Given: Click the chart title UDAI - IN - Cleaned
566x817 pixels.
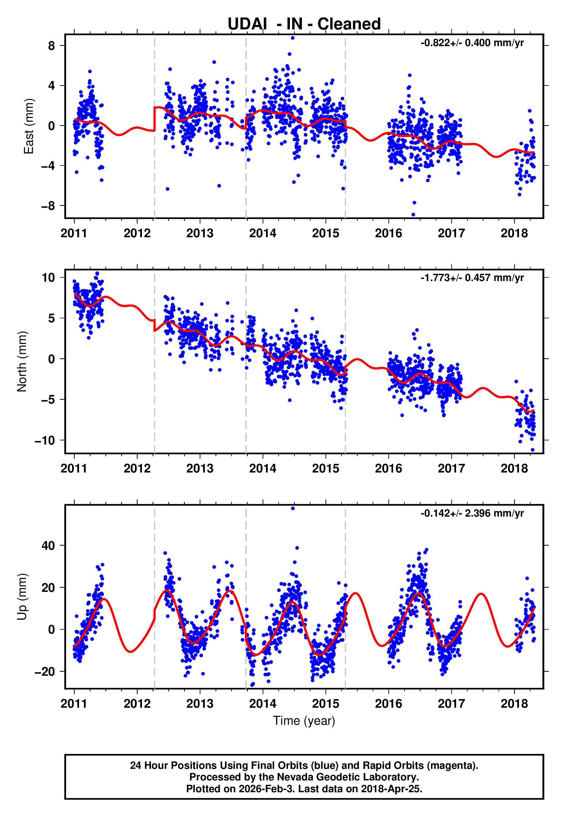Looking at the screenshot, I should [304, 24].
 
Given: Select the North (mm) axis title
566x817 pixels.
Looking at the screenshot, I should [22, 362].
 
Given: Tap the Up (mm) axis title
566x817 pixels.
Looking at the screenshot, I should [22, 597].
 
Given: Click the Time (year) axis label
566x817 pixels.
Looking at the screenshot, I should [304, 721].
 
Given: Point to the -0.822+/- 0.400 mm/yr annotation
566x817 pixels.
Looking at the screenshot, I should [472, 43].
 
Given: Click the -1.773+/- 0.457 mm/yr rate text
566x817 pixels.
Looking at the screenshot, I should [472, 278].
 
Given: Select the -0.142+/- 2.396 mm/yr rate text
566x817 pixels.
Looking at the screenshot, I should [472, 513].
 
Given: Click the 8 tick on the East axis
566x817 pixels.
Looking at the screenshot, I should [52, 46].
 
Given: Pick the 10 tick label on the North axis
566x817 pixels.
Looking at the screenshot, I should [48, 278].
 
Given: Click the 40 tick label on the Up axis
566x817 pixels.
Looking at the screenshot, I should [48, 546].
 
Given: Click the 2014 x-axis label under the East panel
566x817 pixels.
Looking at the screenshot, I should [263, 234].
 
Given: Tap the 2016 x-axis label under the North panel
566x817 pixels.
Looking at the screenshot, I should [388, 468].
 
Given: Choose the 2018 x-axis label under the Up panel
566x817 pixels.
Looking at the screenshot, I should [514, 704].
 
